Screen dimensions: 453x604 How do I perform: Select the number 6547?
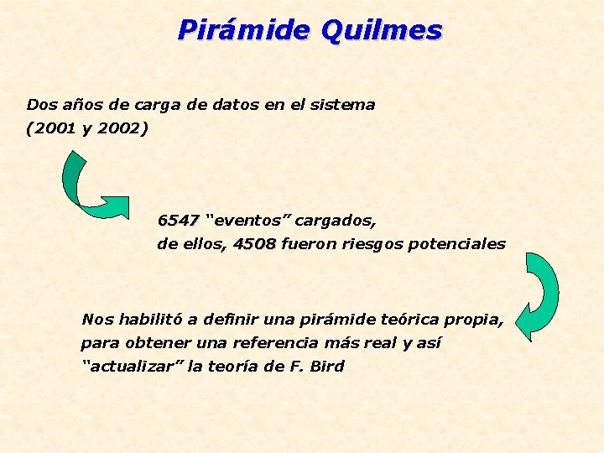coord(178,221)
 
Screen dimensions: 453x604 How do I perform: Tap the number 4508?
coord(254,244)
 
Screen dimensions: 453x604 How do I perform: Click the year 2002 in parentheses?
coord(121,129)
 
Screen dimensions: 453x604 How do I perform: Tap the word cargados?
coord(336,221)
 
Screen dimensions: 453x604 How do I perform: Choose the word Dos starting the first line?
coord(39,105)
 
